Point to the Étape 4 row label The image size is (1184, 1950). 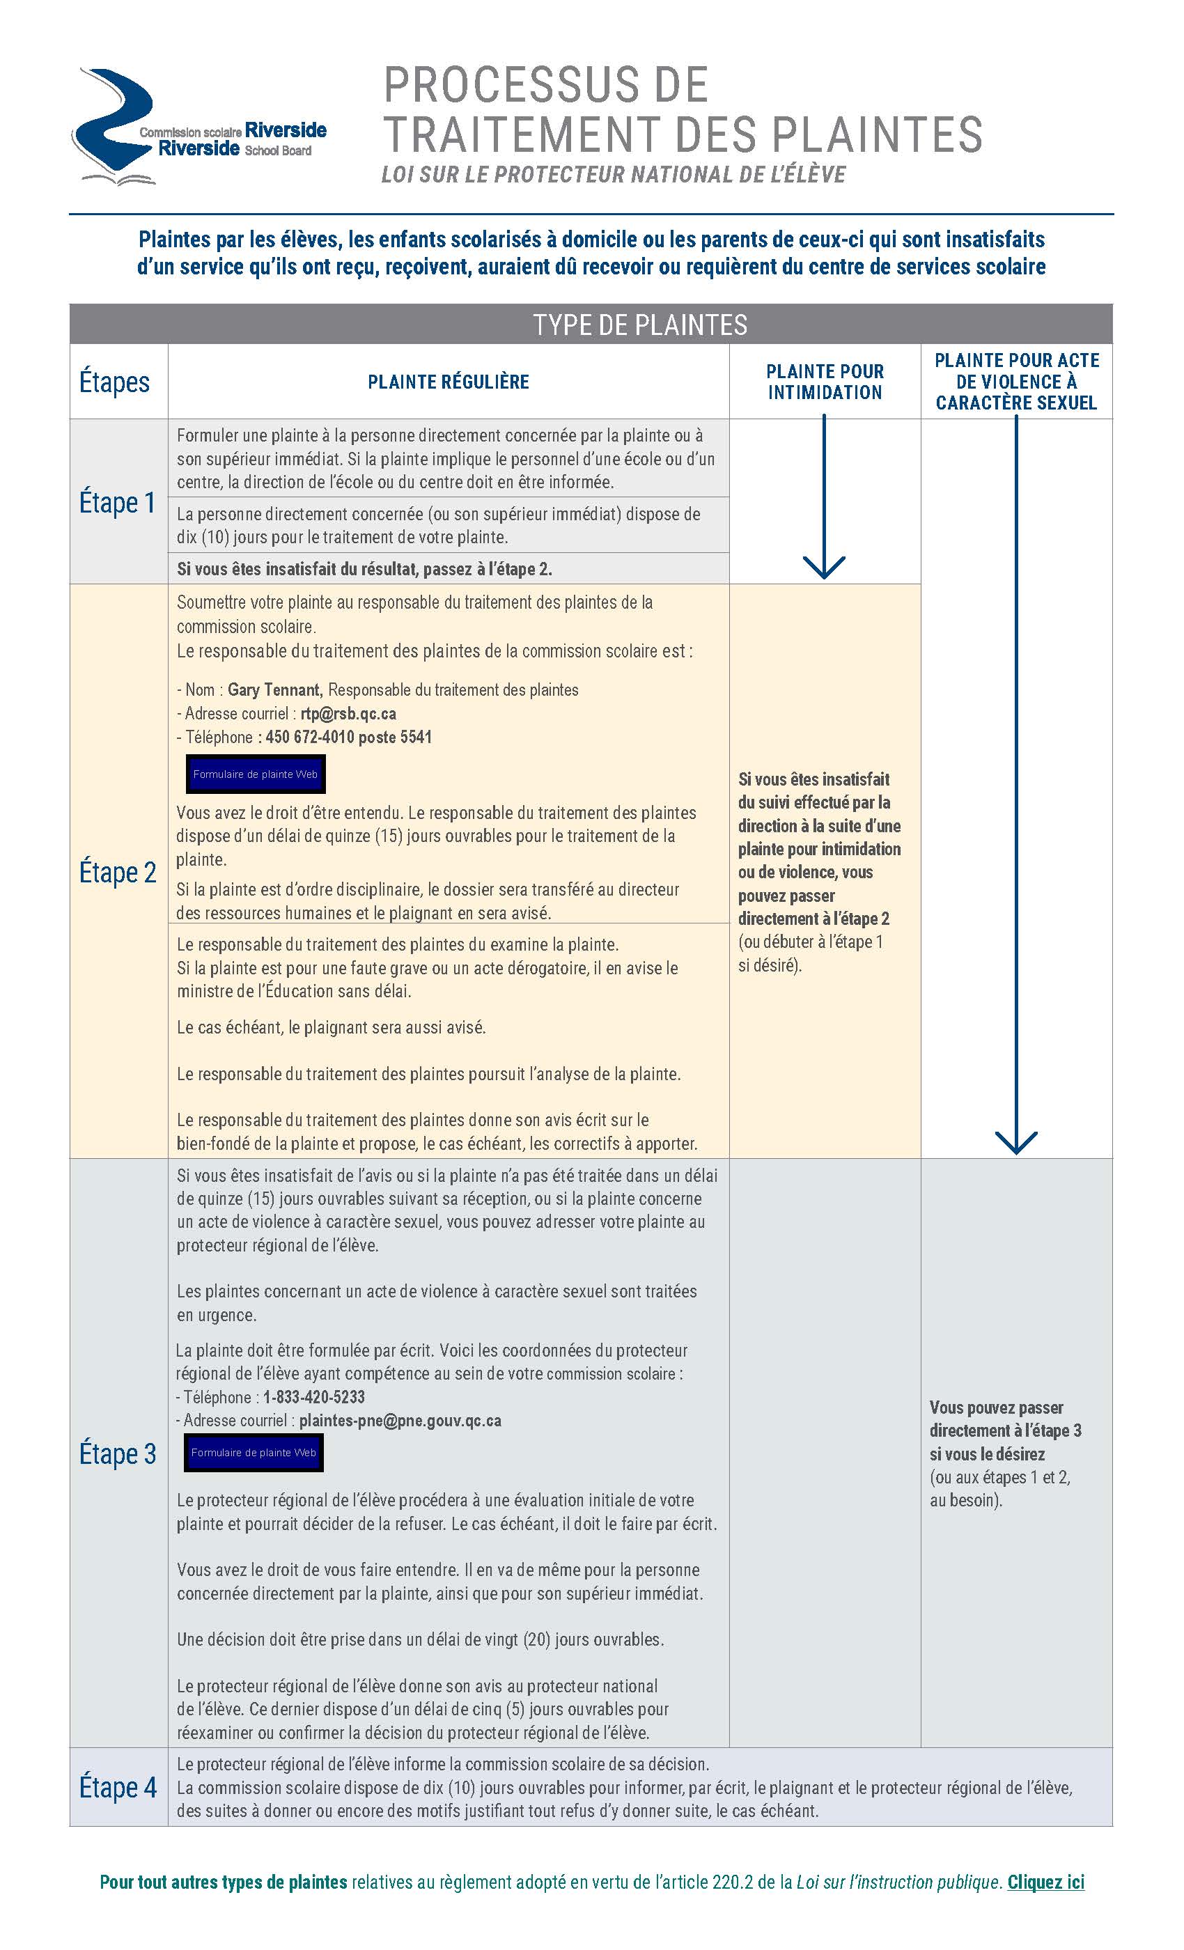click(117, 1787)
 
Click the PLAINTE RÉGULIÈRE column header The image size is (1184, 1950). click(448, 382)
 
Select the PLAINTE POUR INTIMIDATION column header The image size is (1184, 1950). click(825, 382)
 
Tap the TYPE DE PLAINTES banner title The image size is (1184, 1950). click(639, 325)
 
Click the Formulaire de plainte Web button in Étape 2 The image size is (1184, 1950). click(255, 774)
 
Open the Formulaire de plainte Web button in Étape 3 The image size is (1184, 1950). click(254, 1452)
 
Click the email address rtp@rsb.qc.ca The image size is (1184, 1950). click(348, 713)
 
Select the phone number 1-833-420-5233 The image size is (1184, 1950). click(314, 1397)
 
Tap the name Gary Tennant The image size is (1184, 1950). click(274, 689)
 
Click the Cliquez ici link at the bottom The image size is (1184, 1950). click(1045, 1882)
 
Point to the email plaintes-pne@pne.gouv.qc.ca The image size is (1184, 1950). click(400, 1421)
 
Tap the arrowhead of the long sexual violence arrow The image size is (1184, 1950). click(1015, 1143)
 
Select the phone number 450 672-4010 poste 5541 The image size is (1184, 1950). click(348, 737)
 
